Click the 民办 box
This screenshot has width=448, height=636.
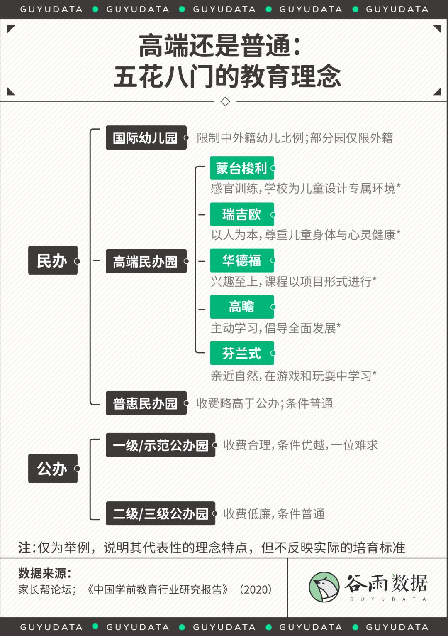point(53,260)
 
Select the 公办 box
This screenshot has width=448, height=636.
point(53,468)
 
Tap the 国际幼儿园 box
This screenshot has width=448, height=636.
point(146,138)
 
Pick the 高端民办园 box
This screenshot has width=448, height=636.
point(146,261)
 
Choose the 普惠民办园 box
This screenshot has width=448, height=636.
point(146,403)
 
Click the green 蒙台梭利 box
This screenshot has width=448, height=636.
point(242,168)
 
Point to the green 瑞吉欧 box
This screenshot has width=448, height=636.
point(242,214)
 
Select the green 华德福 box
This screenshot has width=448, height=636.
point(242,260)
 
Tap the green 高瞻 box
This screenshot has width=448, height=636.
point(242,307)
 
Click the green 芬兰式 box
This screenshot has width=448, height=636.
point(242,353)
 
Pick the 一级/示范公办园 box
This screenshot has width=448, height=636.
point(161,445)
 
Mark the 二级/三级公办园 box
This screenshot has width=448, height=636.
point(161,513)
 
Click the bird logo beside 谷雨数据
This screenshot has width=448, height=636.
point(324,587)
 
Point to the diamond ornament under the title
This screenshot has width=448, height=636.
point(225,101)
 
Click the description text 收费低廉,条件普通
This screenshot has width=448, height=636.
point(274,514)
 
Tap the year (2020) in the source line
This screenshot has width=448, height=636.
point(256,590)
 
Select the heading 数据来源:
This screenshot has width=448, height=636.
point(44,573)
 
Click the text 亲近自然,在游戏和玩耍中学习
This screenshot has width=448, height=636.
point(291,376)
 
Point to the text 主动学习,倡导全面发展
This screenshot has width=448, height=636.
point(273,328)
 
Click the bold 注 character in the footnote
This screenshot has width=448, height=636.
point(24,548)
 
